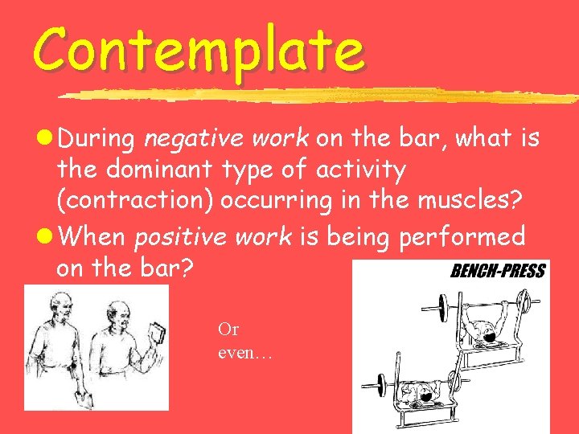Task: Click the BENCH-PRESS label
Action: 497,271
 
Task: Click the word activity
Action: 362,171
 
